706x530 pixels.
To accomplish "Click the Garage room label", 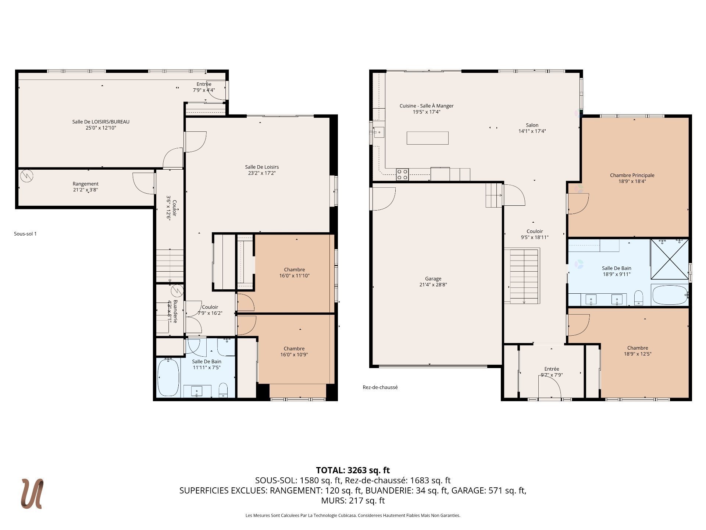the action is [433, 279].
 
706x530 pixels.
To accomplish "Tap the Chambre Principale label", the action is [632, 175].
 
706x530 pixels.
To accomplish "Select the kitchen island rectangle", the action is [428, 138].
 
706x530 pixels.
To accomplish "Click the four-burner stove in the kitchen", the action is [402, 174].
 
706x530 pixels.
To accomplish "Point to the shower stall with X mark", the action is [670, 259].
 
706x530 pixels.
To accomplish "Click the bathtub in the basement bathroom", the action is [168, 377].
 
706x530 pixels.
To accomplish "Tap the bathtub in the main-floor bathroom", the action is [670, 295].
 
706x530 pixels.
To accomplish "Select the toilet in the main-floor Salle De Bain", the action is [639, 298].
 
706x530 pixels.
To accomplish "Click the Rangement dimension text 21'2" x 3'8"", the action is [86, 190].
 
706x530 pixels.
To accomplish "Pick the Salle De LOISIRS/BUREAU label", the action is [101, 121].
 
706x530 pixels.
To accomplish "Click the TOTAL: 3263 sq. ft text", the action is [353, 470].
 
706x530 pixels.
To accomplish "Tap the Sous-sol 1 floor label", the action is [25, 234].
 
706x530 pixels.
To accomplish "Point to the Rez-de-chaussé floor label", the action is [380, 387].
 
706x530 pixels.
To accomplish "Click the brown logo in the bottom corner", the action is [32, 494].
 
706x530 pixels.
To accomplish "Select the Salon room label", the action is [532, 125].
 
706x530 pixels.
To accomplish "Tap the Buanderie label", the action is [175, 311].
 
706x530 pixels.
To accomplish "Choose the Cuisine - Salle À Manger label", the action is [427, 106].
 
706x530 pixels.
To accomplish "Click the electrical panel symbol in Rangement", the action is [27, 176].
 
